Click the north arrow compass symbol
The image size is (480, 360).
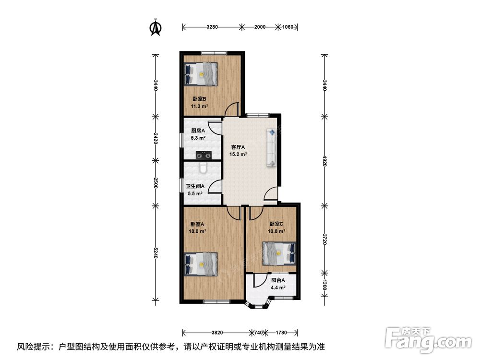[x=155, y=27]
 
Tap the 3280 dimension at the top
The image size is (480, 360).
[x=212, y=27]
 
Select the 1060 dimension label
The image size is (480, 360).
[x=288, y=27]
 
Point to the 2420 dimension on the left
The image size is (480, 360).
[x=156, y=138]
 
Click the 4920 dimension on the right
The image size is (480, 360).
[x=324, y=160]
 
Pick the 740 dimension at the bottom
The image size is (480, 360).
[x=259, y=333]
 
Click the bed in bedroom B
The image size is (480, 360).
[x=201, y=74]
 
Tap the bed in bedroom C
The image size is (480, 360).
[x=279, y=253]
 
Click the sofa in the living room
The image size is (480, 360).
[x=272, y=147]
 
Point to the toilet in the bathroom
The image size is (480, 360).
[x=203, y=168]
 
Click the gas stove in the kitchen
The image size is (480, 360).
[x=204, y=155]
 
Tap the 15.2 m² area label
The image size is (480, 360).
[x=238, y=154]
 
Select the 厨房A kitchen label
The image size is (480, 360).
[x=198, y=131]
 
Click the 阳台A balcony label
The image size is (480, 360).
[x=278, y=280]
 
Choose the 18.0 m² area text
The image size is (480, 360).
[x=197, y=231]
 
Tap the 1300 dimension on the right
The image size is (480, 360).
[x=324, y=285]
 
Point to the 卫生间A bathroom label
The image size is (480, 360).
[x=195, y=186]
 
